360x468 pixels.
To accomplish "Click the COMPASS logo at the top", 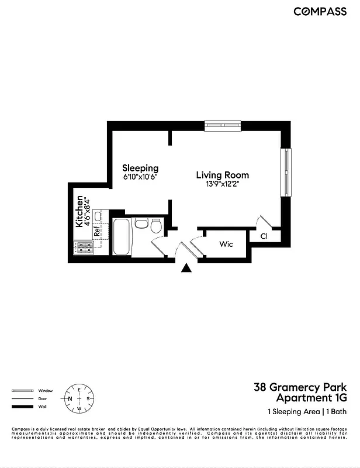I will tap(320, 11).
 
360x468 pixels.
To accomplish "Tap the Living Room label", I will tap(222, 175).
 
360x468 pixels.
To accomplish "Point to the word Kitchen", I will tap(79, 212).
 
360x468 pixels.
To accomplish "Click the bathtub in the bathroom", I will tap(120, 236).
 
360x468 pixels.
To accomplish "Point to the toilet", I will tap(156, 226).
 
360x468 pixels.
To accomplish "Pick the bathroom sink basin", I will tap(141, 223).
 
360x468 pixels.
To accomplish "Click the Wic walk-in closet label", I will tap(226, 244).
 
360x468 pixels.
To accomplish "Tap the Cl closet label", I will tap(264, 236).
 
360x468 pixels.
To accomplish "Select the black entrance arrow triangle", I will tap(186, 268).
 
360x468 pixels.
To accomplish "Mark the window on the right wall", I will tap(286, 173).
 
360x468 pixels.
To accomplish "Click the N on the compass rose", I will tap(70, 399).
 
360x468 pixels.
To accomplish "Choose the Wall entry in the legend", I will tap(42, 407).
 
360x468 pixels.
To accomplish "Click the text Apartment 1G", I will tap(311, 398).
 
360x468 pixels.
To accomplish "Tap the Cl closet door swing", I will tap(264, 221).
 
